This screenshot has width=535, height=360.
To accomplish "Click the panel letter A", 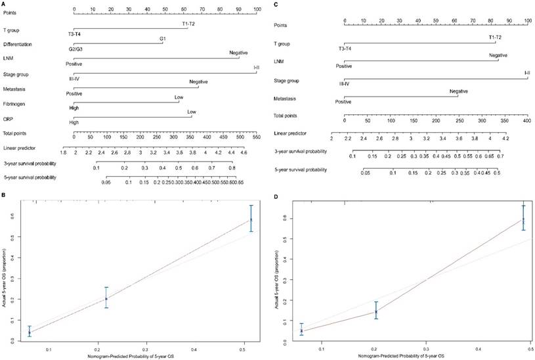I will pyautogui.click(x=5, y=3).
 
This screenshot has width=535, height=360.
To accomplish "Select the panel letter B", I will pyautogui.click(x=5, y=194).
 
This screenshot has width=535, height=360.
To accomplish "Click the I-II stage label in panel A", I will pyautogui.click(x=257, y=67).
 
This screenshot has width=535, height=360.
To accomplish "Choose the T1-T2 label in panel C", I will pyautogui.click(x=496, y=37).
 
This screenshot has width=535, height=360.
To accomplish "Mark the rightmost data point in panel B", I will pyautogui.click(x=251, y=219).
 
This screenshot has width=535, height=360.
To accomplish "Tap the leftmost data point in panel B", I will pyautogui.click(x=30, y=333).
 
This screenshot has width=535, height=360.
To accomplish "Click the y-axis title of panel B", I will pyautogui.click(x=5, y=276).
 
